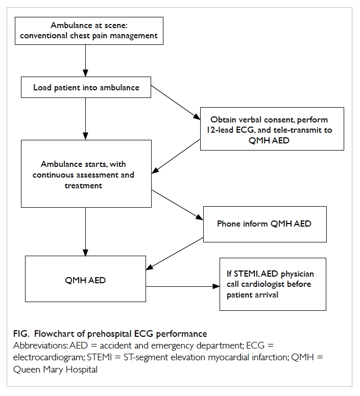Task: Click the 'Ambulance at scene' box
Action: (x=89, y=31)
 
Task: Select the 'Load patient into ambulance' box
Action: (x=86, y=87)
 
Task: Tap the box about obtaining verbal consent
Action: (x=272, y=129)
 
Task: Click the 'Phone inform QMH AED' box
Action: (x=265, y=224)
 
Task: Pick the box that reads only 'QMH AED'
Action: (x=85, y=279)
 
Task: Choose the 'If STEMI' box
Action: (x=273, y=284)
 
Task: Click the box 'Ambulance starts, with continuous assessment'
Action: (x=86, y=174)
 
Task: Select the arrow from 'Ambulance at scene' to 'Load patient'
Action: (x=85, y=61)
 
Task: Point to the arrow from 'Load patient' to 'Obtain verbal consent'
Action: (x=176, y=103)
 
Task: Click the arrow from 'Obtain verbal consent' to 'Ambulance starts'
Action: (x=176, y=156)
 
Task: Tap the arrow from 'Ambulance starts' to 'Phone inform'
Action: (x=177, y=205)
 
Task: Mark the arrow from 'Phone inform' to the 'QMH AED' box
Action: (x=175, y=254)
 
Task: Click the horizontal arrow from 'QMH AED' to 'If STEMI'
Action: (x=183, y=286)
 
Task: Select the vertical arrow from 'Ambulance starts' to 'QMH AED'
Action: (x=85, y=232)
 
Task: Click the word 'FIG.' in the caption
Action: (x=21, y=334)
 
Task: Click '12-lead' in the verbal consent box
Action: (x=220, y=130)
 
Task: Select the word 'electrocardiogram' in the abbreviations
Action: (x=49, y=358)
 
